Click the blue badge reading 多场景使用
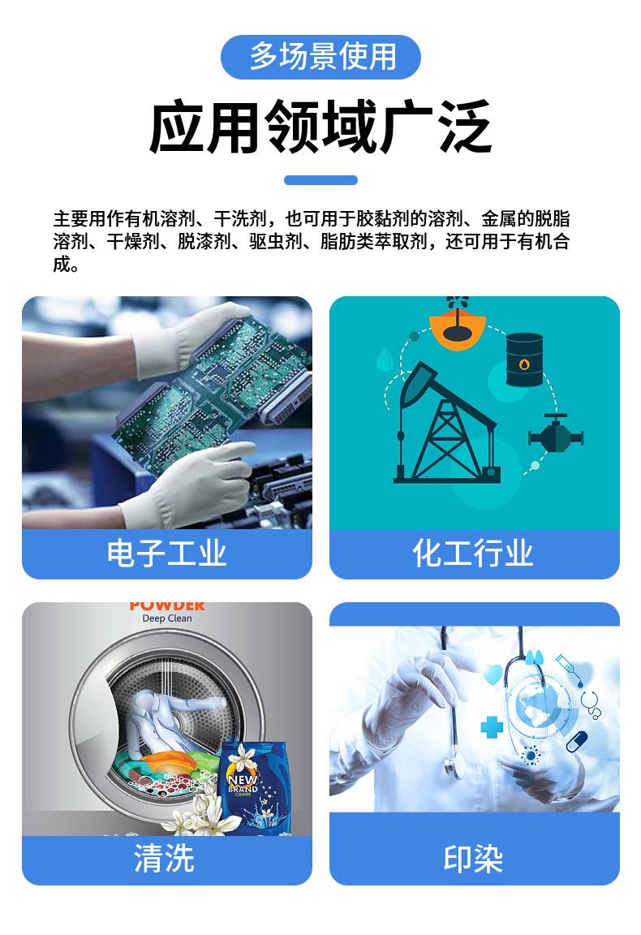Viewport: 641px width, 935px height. pyautogui.click(x=320, y=57)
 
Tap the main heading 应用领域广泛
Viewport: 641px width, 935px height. pyautogui.click(x=320, y=127)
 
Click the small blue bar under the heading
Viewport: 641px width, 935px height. pyautogui.click(x=320, y=180)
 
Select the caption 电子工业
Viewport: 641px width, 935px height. pyautogui.click(x=167, y=553)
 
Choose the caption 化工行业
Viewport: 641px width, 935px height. pyautogui.click(x=473, y=553)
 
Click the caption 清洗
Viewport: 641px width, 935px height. pyautogui.click(x=165, y=858)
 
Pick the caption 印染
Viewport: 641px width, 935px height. pyautogui.click(x=473, y=859)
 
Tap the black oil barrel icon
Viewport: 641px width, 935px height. pyautogui.click(x=525, y=359)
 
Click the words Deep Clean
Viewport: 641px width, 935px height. pyautogui.click(x=167, y=618)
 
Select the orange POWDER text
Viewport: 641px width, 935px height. pyautogui.click(x=167, y=606)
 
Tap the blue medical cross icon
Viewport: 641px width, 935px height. pyautogui.click(x=492, y=726)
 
